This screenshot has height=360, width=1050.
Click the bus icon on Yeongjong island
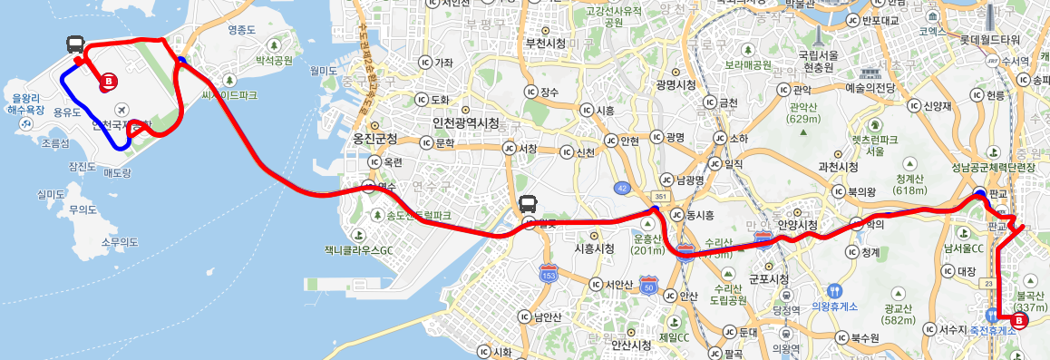(76, 44)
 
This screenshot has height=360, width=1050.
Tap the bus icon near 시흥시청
(528, 205)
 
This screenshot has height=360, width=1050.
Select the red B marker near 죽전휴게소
(1017, 322)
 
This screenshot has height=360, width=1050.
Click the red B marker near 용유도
(108, 82)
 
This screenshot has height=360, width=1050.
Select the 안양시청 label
(798, 224)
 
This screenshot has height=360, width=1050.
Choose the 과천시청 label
(838, 167)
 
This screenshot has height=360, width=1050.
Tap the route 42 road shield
(621, 188)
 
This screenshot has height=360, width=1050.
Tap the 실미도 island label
(50, 193)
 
